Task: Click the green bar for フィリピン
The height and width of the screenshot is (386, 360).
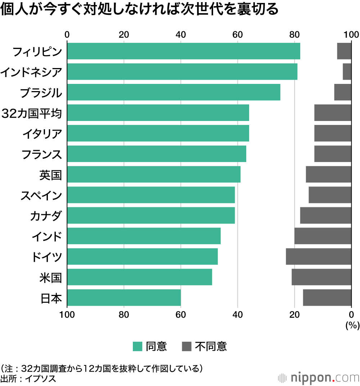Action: [184, 51]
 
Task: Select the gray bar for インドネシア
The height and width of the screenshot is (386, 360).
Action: [347, 72]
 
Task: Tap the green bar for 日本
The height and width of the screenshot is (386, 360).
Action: [124, 297]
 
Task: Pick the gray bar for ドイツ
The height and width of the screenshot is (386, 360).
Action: [319, 256]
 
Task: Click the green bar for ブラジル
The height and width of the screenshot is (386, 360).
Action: [174, 92]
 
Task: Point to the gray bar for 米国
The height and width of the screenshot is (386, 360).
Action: [321, 277]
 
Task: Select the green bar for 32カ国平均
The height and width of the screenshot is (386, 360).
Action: [158, 113]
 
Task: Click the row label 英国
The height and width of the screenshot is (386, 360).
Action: [51, 175]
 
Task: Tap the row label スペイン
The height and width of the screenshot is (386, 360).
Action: [41, 196]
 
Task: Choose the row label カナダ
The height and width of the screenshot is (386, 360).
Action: [46, 216]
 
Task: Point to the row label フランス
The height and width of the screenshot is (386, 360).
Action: [41, 155]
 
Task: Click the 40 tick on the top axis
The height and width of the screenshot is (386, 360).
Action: [180, 35]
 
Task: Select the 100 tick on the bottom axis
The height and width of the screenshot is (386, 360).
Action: [67, 315]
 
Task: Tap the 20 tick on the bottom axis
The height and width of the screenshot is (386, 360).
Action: [294, 315]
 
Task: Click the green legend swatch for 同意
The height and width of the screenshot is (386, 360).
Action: [138, 346]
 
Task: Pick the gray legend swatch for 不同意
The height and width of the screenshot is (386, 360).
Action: [187, 346]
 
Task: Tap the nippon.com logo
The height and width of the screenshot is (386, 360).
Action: [319, 378]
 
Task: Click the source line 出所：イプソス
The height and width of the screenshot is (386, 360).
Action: [28, 379]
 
